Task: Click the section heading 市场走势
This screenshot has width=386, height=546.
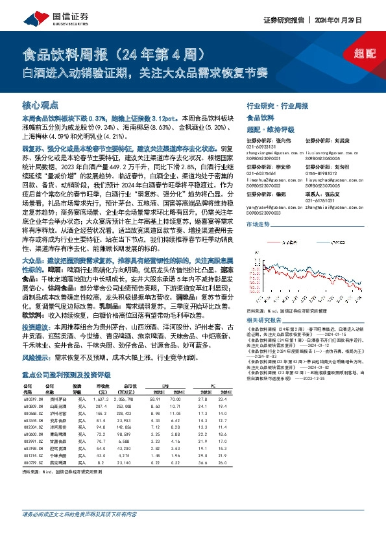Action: [258, 224]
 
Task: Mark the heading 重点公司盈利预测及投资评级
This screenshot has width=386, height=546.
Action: [65, 375]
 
